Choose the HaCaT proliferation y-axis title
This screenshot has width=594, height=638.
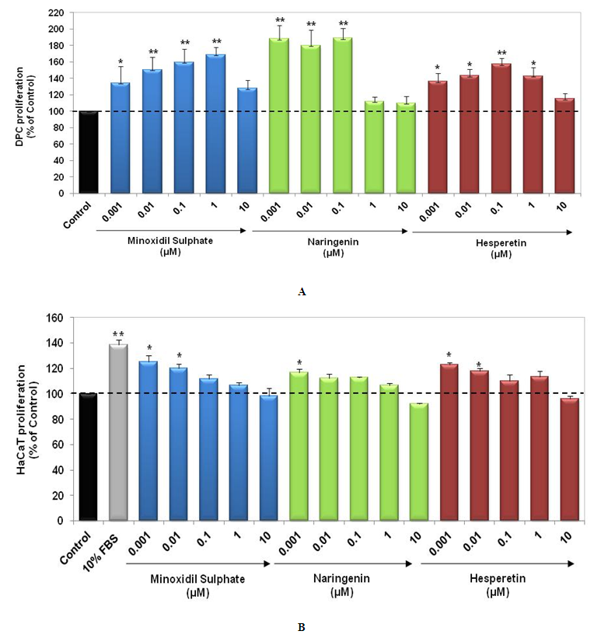point(33,418)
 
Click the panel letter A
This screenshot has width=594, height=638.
point(302,292)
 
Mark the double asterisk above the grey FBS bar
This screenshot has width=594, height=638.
point(118,332)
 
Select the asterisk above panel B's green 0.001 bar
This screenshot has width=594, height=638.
point(299,363)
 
